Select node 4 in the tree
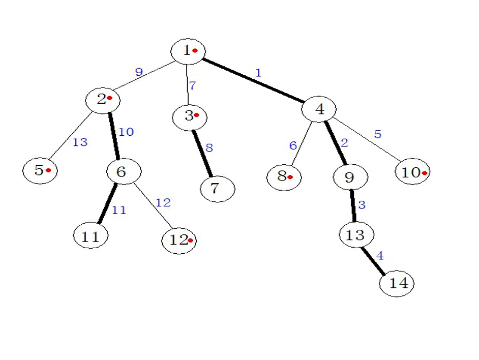click(x=319, y=109)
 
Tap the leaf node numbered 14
click(x=397, y=283)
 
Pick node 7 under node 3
click(x=217, y=189)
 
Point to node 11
click(x=92, y=236)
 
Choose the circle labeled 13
click(x=356, y=235)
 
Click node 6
click(x=124, y=172)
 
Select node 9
click(x=350, y=177)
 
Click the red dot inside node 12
click(x=190, y=240)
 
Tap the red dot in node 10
click(x=424, y=173)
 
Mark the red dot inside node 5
click(x=48, y=170)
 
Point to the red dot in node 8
click(x=289, y=177)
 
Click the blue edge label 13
click(x=80, y=142)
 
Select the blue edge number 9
click(x=139, y=72)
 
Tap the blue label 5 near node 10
click(x=377, y=135)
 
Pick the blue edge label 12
click(x=163, y=203)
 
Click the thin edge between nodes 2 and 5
click(x=71, y=137)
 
